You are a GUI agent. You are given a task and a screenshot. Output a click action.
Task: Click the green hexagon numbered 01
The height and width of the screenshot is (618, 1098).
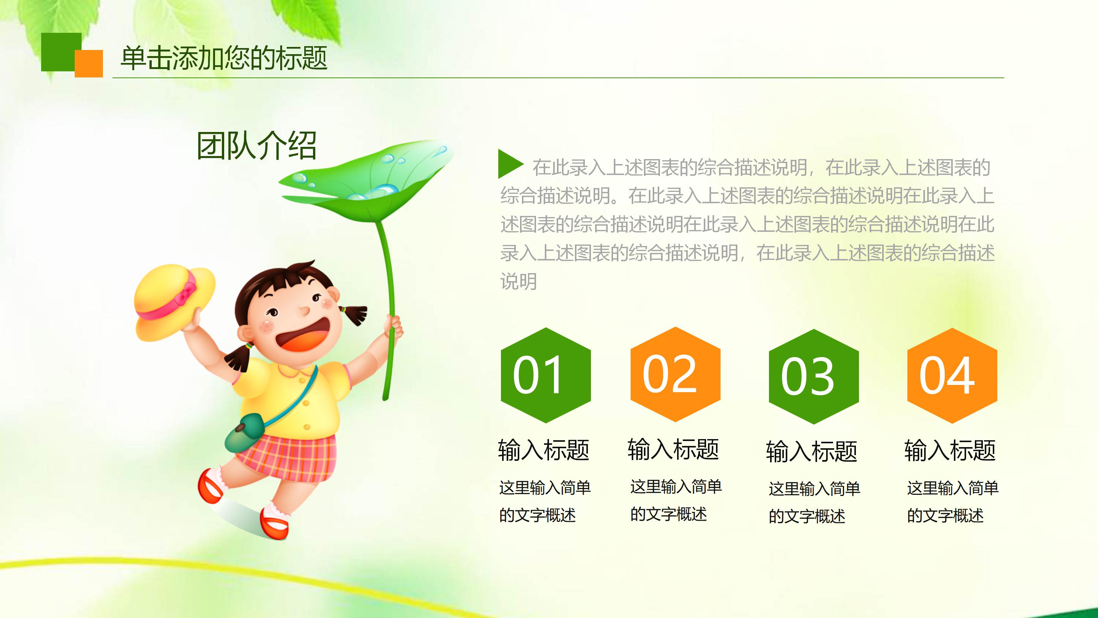(546, 375)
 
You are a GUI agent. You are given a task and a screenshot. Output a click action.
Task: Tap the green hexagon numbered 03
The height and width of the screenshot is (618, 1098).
(813, 376)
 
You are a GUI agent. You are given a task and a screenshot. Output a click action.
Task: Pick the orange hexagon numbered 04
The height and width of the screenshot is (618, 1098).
(952, 375)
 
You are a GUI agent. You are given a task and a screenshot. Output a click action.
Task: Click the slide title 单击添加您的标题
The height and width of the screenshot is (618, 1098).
(224, 58)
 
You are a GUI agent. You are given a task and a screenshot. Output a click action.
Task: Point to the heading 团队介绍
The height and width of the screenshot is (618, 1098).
(256, 146)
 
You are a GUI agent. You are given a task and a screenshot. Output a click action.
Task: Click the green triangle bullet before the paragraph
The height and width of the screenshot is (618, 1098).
(509, 164)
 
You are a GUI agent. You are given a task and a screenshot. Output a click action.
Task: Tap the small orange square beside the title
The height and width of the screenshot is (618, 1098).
(89, 64)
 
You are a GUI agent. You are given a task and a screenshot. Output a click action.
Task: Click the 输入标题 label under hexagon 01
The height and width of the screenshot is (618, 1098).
(543, 450)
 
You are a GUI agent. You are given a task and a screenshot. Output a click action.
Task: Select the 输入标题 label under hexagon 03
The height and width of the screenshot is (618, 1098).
(811, 451)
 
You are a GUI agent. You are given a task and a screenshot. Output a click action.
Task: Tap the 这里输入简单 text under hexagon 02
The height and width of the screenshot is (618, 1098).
(676, 487)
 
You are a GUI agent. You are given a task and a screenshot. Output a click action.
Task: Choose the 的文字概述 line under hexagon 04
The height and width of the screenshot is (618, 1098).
(945, 516)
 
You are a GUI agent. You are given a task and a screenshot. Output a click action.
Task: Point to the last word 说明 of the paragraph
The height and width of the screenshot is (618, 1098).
(518, 282)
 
